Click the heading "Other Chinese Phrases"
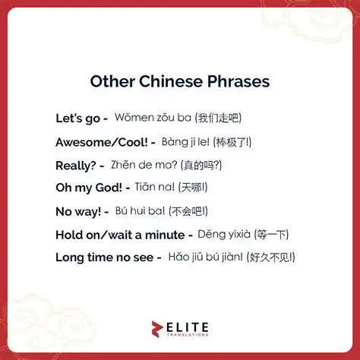click(179, 81)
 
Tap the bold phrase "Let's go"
click(78, 118)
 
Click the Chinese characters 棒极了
click(235, 142)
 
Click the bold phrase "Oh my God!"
click(88, 188)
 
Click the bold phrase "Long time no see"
click(103, 257)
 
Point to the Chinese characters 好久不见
click(270, 257)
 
